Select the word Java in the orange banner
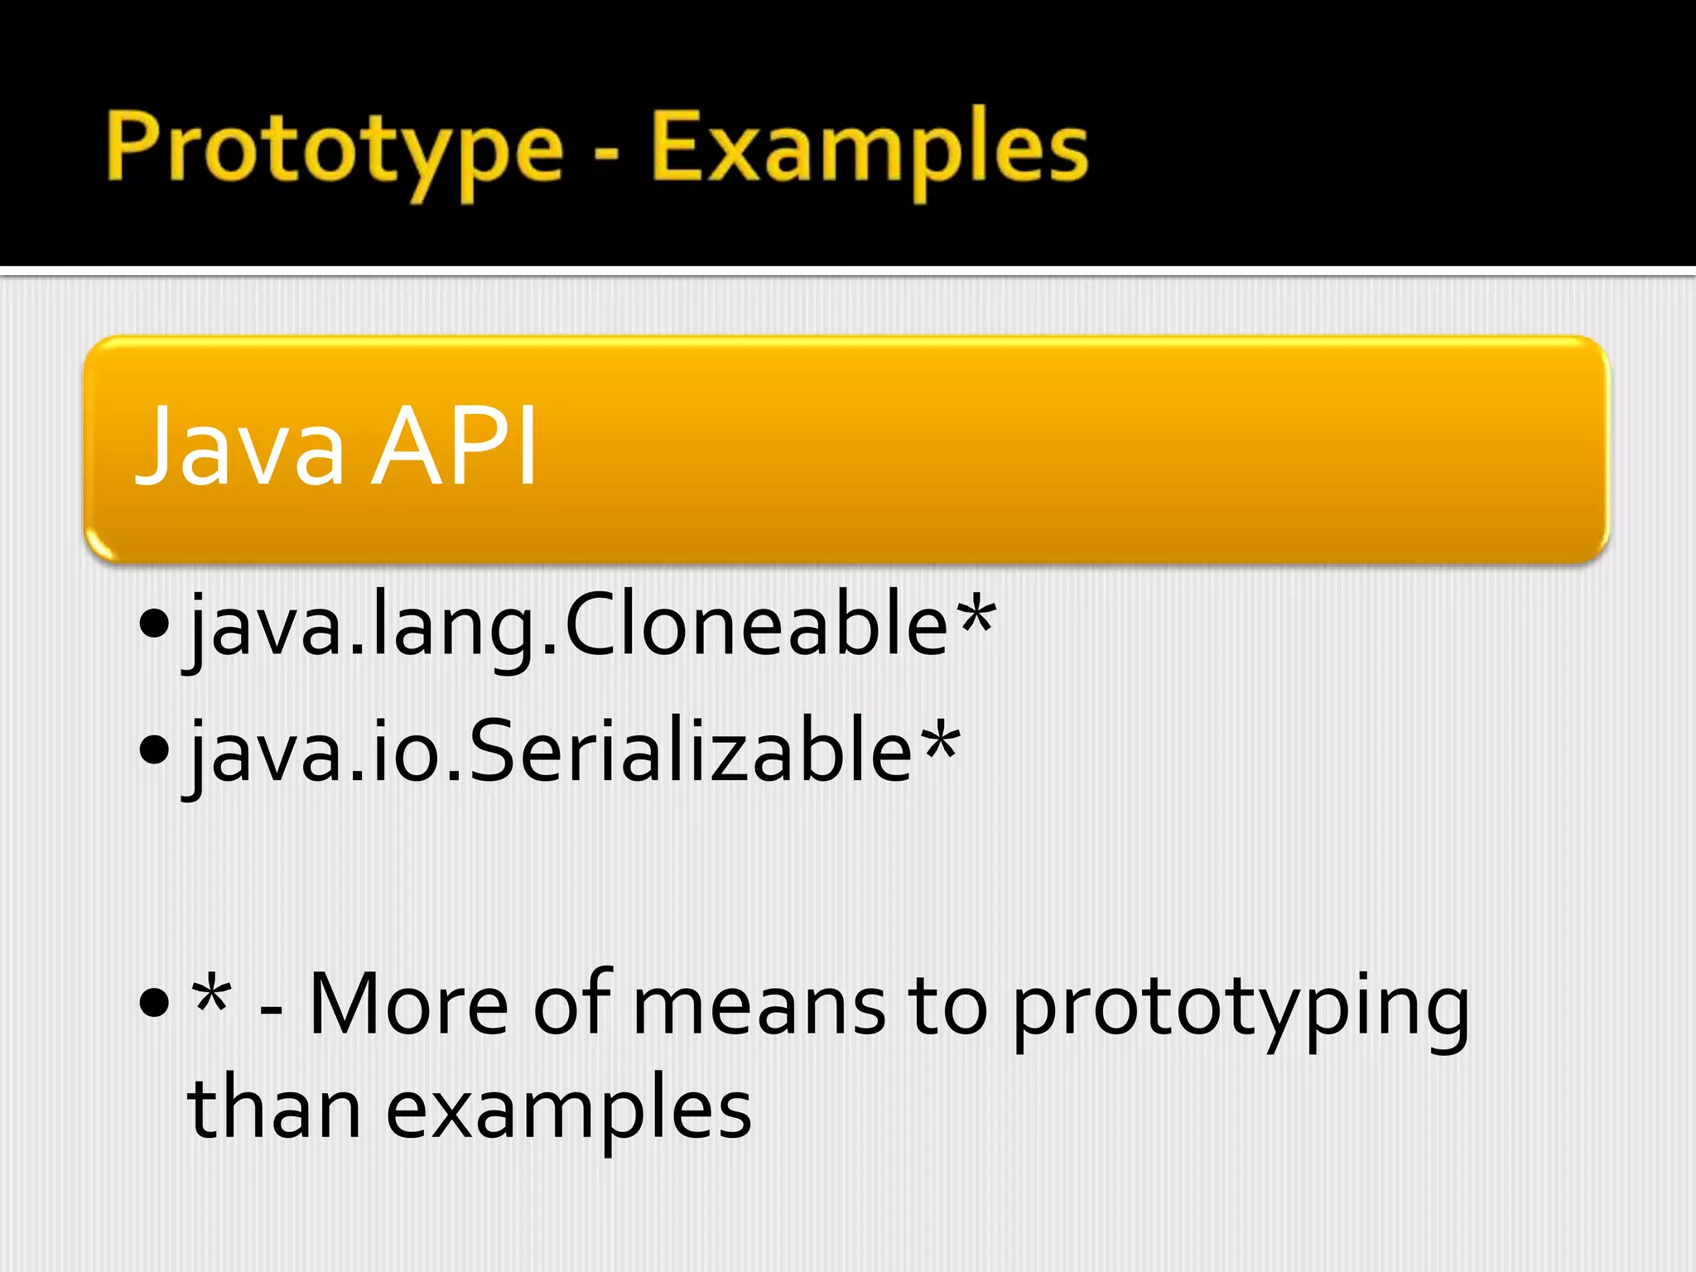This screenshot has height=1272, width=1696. (x=239, y=447)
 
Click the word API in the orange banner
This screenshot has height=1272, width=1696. (x=455, y=447)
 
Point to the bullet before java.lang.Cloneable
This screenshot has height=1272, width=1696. (x=155, y=623)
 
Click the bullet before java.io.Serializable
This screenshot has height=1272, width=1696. (x=155, y=750)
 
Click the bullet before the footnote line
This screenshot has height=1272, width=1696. (x=155, y=1003)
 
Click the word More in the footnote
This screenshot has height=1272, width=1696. (x=409, y=1005)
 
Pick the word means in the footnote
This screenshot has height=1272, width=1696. (x=759, y=1005)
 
